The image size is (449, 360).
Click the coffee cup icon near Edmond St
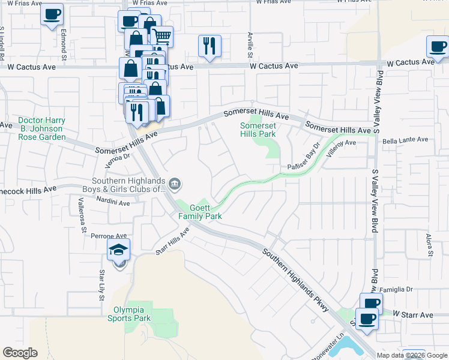coord(52,14)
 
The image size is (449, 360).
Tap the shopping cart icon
coord(161,36)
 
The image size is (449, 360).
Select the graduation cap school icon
coord(119,251)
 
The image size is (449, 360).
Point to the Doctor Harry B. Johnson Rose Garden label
coord(41,128)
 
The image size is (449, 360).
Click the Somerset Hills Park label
coord(258,130)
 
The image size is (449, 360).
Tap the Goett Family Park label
coord(199,212)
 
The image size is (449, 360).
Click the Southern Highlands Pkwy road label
coord(296,280)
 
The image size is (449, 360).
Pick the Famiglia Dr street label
coord(409,289)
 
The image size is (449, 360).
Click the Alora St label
coord(430,246)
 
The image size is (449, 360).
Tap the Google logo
coord(20,353)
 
